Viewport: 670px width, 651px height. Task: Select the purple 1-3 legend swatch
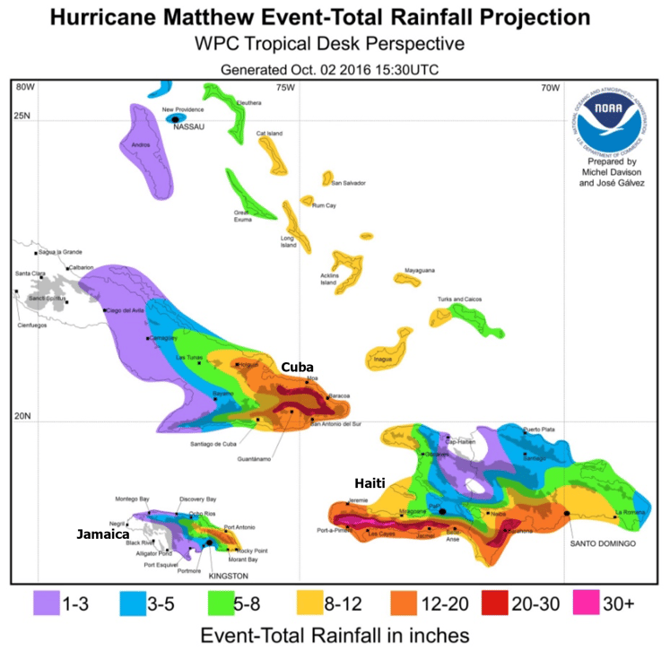click(x=52, y=603)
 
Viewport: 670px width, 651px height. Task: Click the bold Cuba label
click(x=298, y=367)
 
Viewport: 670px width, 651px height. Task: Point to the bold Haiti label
click(x=370, y=483)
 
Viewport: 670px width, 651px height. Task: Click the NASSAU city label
click(x=190, y=127)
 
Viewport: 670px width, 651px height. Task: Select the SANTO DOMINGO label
click(x=598, y=543)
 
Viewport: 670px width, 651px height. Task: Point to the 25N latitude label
click(x=22, y=114)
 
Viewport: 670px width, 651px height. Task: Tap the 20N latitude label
click(x=22, y=416)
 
